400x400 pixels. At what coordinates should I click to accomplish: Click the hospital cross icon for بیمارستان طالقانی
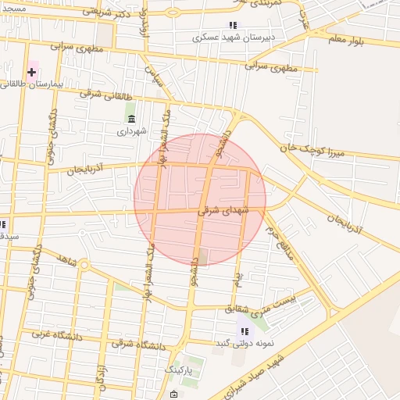(x=31, y=72)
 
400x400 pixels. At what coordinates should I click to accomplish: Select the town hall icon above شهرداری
(x=130, y=119)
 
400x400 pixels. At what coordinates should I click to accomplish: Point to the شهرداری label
(x=131, y=131)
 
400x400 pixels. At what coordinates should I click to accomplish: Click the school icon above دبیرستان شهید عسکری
(x=232, y=25)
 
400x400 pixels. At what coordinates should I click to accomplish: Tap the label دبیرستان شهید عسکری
(x=232, y=37)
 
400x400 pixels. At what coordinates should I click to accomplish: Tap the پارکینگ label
(x=179, y=370)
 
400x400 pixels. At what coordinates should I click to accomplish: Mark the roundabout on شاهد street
(x=84, y=264)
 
